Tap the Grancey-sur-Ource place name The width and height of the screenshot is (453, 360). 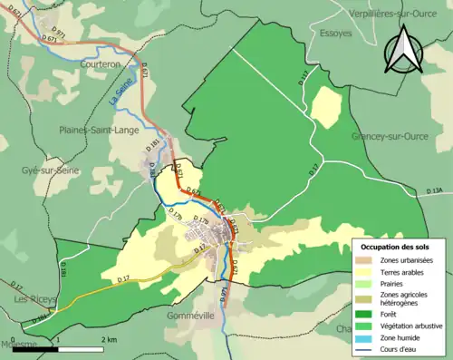point(393,136)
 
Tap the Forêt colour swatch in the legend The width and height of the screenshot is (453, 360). point(368,306)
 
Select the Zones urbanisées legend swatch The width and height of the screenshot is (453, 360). point(368,259)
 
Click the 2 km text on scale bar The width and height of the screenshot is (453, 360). point(108,339)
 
